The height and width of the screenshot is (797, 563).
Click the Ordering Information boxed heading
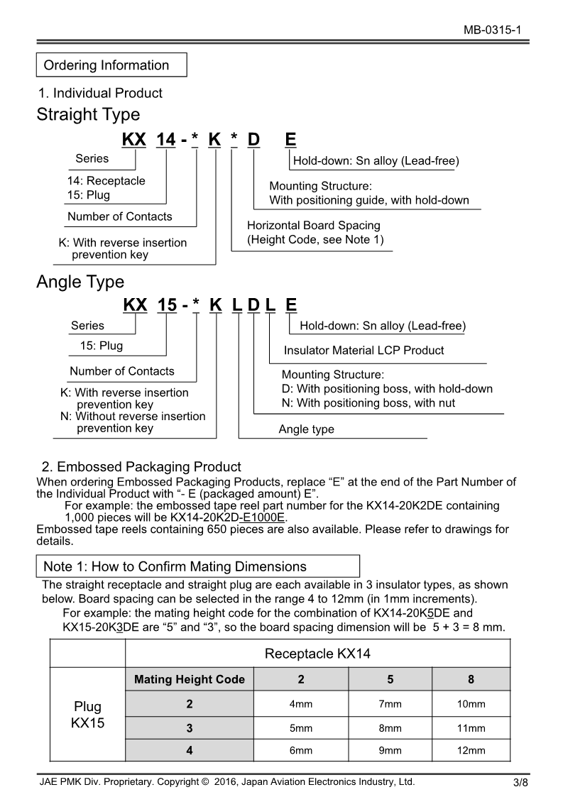coord(106,65)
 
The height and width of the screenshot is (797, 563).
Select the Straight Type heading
coord(88,114)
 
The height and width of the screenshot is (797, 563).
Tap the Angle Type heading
coord(80,282)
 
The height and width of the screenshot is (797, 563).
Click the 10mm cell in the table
coord(471,704)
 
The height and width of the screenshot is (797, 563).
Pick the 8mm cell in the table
coord(390,728)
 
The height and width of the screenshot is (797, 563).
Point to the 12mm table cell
coord(471,750)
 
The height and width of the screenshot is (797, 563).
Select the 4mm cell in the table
coord(301,704)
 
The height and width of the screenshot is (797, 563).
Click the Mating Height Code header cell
coord(190,679)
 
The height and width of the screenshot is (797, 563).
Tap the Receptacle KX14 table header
coord(317,654)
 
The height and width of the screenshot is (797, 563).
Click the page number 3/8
coord(520,783)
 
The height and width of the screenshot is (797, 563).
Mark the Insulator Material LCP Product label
coord(364,350)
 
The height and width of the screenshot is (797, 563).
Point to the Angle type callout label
coord(306,429)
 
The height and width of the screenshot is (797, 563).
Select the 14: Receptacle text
coord(106,180)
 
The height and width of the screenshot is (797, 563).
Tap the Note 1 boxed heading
coord(175,566)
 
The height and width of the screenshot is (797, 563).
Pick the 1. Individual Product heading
coord(100,93)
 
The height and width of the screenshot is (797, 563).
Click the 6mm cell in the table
coord(301,750)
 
